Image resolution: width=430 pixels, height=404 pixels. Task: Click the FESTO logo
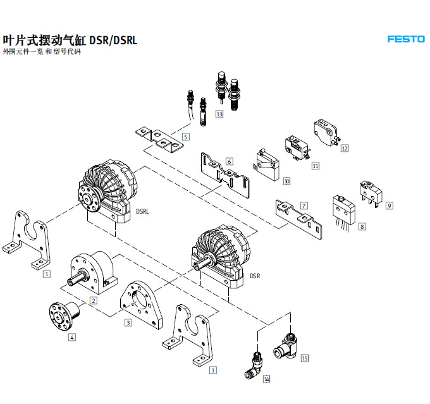click(x=406, y=39)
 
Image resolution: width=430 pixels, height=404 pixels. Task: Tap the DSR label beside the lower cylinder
click(x=254, y=276)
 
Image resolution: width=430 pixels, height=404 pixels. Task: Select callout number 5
click(x=186, y=137)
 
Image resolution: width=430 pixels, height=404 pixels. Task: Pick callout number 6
click(x=229, y=161)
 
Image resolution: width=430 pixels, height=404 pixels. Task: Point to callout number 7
click(x=304, y=205)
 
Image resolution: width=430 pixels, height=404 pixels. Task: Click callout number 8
click(x=362, y=226)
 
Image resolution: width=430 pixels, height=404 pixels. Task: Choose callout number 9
click(x=390, y=205)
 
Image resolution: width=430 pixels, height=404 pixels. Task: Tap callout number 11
click(x=316, y=166)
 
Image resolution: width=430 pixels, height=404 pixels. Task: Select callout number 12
click(x=345, y=149)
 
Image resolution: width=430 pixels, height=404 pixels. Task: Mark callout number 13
click(x=219, y=114)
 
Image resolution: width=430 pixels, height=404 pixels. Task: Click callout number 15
click(x=305, y=358)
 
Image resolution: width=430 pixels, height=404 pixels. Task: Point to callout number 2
click(x=93, y=300)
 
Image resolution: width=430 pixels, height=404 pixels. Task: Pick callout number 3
click(x=128, y=323)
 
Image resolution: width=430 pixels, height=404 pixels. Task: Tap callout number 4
click(x=71, y=337)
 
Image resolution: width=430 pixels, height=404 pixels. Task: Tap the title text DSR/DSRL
click(x=113, y=40)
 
